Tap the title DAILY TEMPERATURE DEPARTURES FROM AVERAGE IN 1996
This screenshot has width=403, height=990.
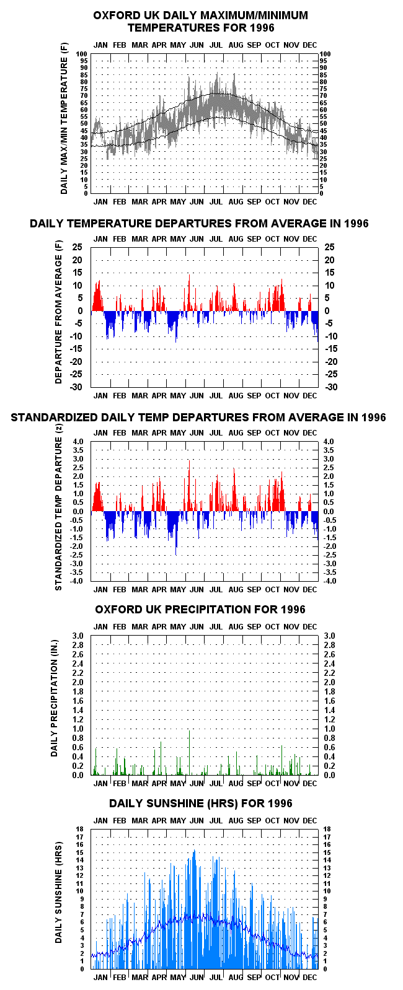(x=199, y=224)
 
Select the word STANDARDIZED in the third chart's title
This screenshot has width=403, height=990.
(x=55, y=418)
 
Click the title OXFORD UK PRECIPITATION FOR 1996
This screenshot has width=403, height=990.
(x=200, y=610)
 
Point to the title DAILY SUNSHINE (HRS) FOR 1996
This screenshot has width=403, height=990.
(x=201, y=804)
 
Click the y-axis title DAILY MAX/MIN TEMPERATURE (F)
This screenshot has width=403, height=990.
(x=64, y=118)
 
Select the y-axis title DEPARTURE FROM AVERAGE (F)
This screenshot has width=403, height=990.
(x=59, y=312)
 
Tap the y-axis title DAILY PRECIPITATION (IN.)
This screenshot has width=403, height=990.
(x=55, y=698)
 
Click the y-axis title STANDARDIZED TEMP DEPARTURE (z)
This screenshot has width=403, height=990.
(x=58, y=507)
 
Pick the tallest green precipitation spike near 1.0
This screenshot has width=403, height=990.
(x=189, y=752)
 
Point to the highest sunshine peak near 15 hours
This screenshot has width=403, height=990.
(x=194, y=851)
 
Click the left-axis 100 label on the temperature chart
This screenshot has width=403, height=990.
(x=81, y=55)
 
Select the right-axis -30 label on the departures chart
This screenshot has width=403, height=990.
(x=331, y=387)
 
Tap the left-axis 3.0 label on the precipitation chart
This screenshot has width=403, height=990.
(x=78, y=636)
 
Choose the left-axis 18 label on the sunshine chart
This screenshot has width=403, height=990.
(x=79, y=829)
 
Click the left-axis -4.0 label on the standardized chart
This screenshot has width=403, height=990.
(x=77, y=581)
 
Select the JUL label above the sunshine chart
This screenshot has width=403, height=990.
(x=216, y=821)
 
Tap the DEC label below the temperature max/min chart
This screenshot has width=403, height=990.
(x=310, y=202)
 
